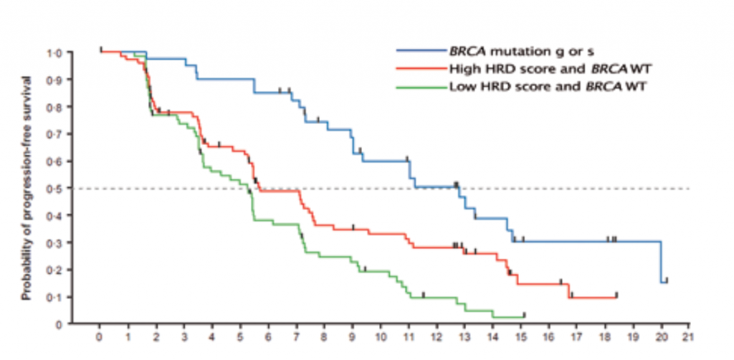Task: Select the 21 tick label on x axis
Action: coord(689,335)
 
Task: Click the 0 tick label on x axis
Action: coord(100,335)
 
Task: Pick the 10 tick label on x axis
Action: coord(380,335)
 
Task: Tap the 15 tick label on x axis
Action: coord(520,335)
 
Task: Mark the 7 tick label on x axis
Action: coord(296,335)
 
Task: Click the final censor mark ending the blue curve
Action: coord(667,280)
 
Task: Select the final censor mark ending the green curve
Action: coord(525,315)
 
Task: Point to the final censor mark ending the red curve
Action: coord(616,295)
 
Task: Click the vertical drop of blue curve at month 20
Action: coord(660,262)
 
